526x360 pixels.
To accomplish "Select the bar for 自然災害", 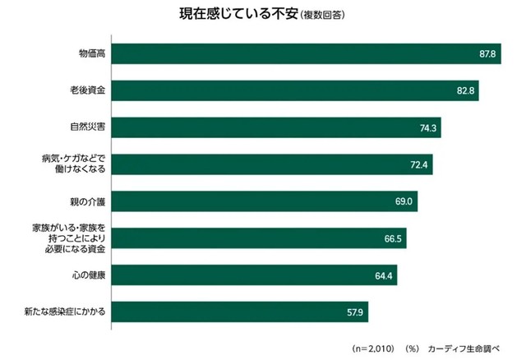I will (x=271, y=127).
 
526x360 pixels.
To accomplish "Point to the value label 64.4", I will (x=385, y=275).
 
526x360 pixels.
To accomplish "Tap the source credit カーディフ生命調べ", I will (x=464, y=348).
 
